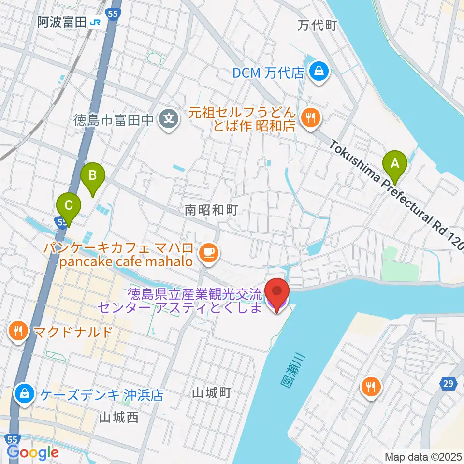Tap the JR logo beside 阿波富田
tap(96, 22)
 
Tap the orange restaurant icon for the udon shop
tap(309, 117)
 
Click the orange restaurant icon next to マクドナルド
tap(18, 331)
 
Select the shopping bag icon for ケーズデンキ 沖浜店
tap(23, 394)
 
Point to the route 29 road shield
tap(449, 384)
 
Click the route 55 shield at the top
tap(113, 14)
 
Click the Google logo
tap(32, 452)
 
